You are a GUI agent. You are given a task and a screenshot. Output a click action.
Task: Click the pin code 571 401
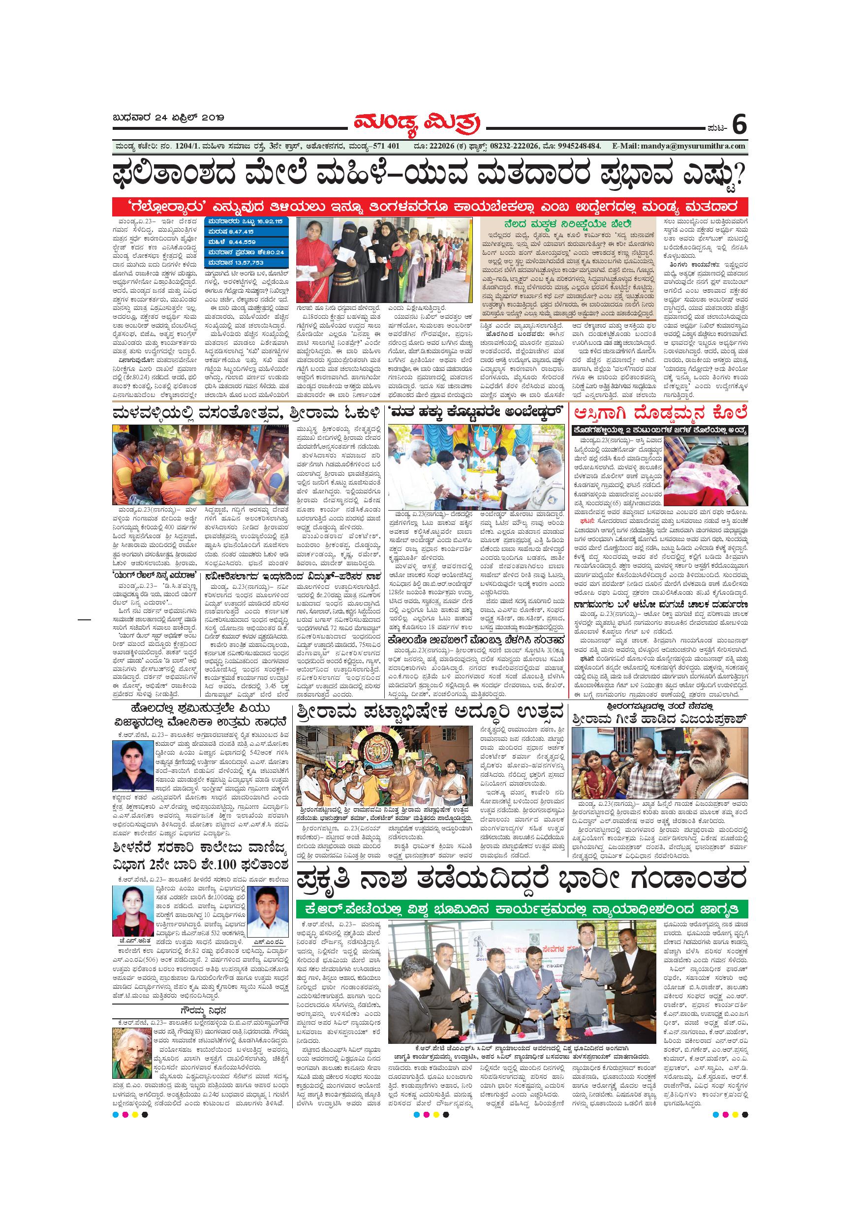coord(383,146)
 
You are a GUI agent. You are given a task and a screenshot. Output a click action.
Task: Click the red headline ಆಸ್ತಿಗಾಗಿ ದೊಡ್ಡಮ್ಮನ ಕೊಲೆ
coord(660,412)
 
